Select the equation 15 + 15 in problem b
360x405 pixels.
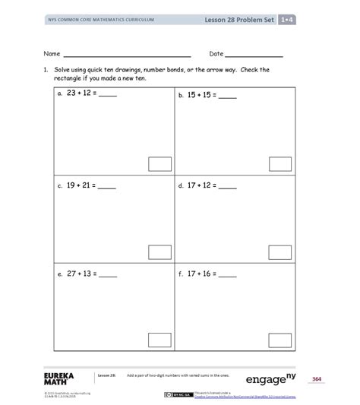(204, 97)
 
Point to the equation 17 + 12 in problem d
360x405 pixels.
(204, 185)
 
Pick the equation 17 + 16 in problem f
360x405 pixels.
(204, 274)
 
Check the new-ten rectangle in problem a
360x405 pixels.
(159, 163)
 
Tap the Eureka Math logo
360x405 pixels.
(61, 379)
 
